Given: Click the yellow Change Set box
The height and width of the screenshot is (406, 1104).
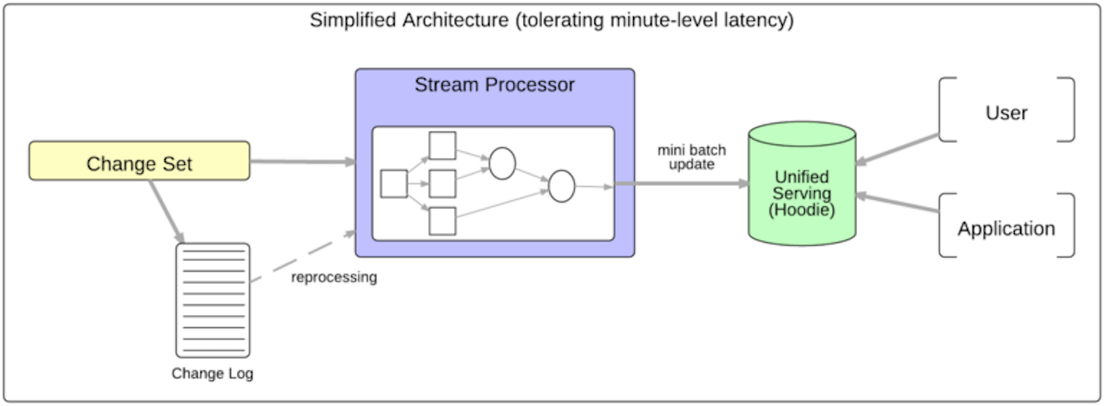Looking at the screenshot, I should coord(139,161).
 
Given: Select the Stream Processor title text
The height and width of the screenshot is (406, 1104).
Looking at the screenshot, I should coord(494,86).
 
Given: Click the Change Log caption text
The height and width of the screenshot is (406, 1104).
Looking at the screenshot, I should coord(213,374).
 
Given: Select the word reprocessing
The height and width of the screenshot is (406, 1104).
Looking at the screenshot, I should coord(334,276).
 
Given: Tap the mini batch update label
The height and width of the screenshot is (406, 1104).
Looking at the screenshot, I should coord(685,157).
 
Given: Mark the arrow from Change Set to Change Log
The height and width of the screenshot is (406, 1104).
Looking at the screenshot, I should coord(164,212).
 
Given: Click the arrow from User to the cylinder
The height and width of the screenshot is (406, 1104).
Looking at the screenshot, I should coord(898,150).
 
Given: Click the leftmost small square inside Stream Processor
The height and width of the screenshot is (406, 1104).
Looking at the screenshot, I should coord(394,183).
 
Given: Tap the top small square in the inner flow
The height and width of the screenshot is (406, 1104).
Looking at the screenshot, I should coord(443,145).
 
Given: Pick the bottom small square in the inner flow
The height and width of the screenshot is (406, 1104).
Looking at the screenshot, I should coord(443,221).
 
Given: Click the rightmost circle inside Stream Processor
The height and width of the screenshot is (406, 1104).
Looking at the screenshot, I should coord(561,185).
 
